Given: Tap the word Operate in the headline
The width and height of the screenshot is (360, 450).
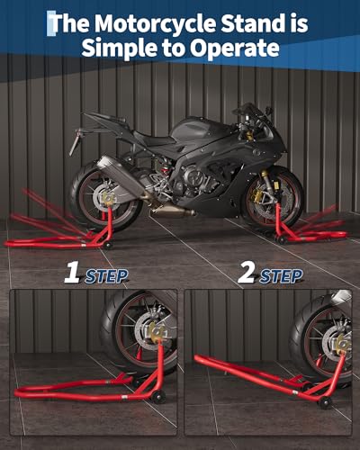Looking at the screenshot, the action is tap(235, 48).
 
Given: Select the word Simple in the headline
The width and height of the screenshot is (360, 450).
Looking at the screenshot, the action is tap(120, 48).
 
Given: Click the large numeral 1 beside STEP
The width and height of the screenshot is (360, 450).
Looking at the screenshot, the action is tap(72, 274).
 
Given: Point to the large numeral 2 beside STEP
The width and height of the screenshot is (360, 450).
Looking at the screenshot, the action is tap(247, 274).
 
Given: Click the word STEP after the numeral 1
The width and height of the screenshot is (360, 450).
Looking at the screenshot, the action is tap(106, 276).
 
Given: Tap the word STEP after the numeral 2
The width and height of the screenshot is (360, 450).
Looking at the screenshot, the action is tap(281, 276).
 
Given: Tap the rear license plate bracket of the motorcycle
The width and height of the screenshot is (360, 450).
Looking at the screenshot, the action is tap(76, 141).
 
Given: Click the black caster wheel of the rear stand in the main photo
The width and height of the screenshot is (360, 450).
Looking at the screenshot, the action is tap(108, 245).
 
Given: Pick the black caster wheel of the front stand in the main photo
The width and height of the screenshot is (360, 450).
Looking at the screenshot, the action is tap(282, 240).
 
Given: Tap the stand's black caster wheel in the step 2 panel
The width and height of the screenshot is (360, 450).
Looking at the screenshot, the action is tap(325, 402).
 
